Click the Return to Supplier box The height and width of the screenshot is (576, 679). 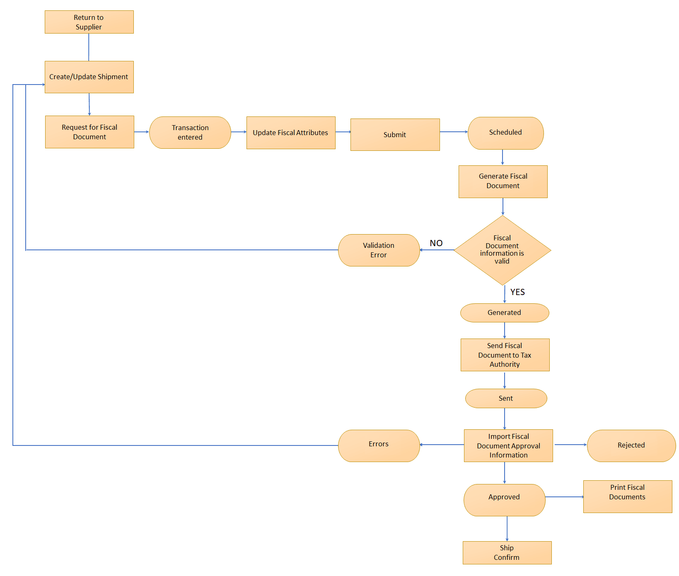coord(89,22)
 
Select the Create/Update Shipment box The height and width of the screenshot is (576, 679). coord(89,77)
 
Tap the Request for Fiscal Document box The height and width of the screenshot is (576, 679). coord(89,132)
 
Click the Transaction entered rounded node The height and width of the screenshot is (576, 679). coord(190,133)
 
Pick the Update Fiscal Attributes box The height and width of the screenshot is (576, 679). coord(291,133)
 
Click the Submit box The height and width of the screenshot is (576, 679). coord(395,135)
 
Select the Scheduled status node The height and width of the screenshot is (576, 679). coord(505,133)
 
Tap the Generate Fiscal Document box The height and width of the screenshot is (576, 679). coord(503,182)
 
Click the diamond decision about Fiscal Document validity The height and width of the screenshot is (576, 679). coord(503,250)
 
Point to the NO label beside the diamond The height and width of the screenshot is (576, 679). coord(436,243)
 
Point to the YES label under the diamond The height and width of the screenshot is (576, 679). coord(517,292)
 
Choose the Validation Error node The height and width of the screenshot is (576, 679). coord(379,250)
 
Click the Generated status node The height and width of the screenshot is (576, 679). coord(505,313)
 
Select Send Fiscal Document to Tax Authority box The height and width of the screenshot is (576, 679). coord(505,355)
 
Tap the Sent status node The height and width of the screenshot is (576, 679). coord(506,399)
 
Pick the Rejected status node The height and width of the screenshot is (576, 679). coord(631,445)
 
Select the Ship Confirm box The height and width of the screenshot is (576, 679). coord(507,552)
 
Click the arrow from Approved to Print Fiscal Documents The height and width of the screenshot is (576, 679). coord(564,497)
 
